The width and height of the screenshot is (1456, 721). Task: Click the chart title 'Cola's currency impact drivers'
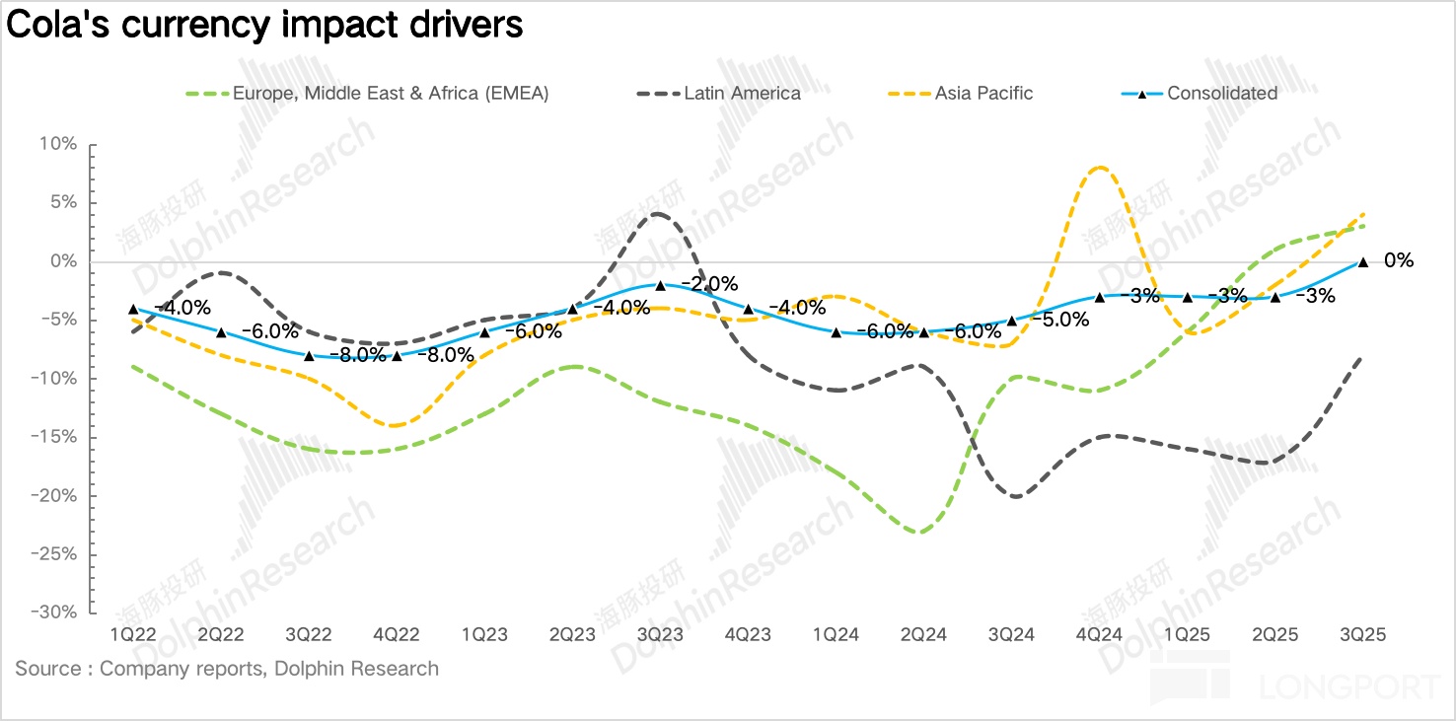264,25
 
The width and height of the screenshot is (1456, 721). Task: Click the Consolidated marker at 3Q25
1363,262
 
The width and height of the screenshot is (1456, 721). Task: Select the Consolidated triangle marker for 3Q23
660,285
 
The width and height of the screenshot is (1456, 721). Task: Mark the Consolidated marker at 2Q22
221,332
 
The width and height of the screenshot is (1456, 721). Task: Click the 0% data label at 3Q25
1399,261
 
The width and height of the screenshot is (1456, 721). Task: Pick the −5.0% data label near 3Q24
1059,320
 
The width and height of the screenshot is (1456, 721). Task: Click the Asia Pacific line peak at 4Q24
1100,168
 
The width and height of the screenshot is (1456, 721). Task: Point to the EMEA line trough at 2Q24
919,533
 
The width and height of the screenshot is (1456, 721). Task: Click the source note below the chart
227,669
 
